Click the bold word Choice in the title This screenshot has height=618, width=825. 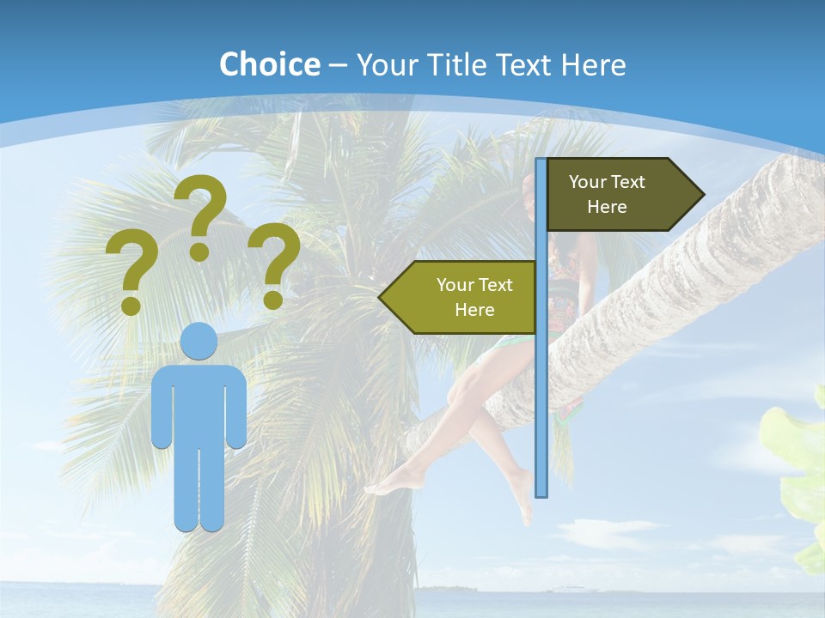click(x=269, y=64)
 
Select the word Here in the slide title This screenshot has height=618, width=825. click(x=593, y=64)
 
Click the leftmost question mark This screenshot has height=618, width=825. click(x=131, y=270)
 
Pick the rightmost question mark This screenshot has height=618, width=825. click(x=274, y=262)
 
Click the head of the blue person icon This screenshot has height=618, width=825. click(x=199, y=342)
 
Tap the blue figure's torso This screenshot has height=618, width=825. click(x=199, y=403)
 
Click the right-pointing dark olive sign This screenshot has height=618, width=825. click(x=619, y=195)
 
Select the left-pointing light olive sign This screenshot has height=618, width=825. click(x=464, y=297)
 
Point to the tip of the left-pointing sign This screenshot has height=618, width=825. click(x=382, y=297)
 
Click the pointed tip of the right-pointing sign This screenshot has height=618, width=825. click(x=701, y=195)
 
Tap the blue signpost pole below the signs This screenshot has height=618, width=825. click(x=541, y=412)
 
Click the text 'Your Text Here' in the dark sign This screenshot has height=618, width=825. click(x=607, y=194)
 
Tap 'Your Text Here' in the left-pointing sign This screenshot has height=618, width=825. click(x=474, y=297)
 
